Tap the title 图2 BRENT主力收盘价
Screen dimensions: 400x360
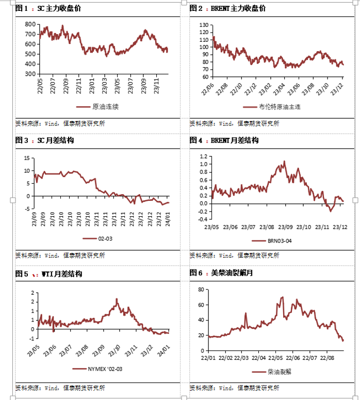point(227,8)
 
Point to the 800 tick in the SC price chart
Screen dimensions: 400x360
point(30,25)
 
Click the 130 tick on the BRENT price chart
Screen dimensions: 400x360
point(203,25)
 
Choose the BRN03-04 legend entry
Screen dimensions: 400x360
point(274,241)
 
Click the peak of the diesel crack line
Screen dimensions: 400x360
point(283,297)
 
